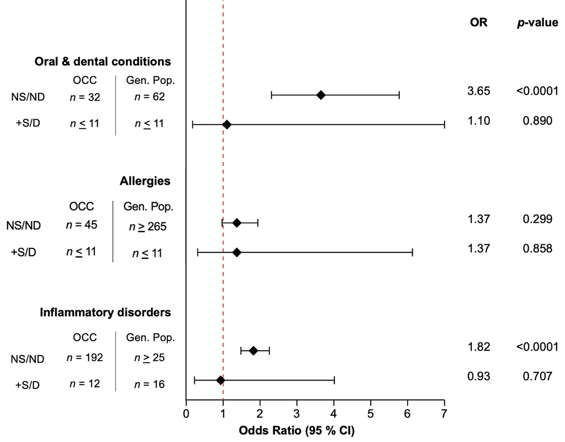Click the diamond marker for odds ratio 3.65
click(321, 95)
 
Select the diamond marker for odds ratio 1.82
click(253, 351)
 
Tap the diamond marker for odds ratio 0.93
click(220, 380)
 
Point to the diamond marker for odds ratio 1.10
click(227, 124)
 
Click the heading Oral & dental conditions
click(103, 62)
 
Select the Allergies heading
click(145, 181)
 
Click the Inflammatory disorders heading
click(105, 312)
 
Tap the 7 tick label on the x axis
click(444, 413)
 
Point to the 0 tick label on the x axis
click(186, 413)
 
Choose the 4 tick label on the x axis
click(334, 413)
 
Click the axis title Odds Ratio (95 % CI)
click(297, 431)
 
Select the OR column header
click(479, 23)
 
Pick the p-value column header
click(538, 23)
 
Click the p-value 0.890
click(538, 121)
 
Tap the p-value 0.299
click(538, 219)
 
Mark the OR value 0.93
click(479, 376)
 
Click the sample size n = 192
click(85, 358)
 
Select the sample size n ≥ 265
click(148, 227)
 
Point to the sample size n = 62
click(150, 96)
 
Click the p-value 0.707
click(538, 376)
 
